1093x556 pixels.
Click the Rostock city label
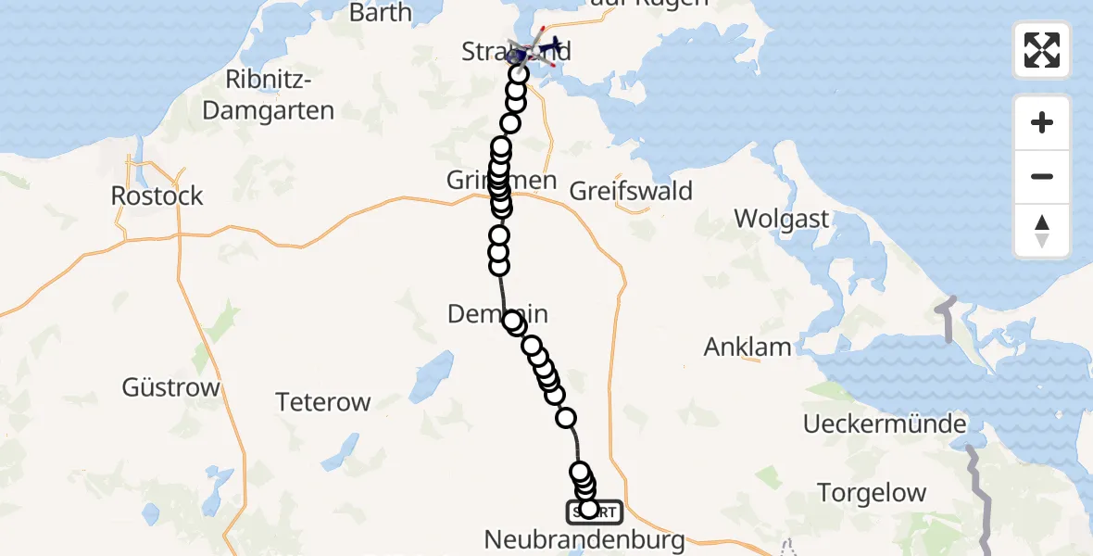pos(157,196)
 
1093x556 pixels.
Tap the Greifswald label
pos(631,191)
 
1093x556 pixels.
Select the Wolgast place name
pos(782,219)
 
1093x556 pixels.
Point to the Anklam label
pos(748,347)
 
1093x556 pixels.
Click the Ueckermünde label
pos(885,424)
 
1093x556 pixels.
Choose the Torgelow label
pos(872,492)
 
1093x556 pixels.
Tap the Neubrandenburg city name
pos(585,539)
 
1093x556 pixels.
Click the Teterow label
pos(323,402)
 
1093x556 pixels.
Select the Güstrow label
pos(170,386)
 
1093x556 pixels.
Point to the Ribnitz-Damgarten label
pos(268,96)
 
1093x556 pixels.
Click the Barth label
pos(381,12)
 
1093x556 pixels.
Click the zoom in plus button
pos(1042,122)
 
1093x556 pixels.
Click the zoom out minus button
pos(1042,176)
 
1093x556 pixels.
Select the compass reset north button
pos(1042,230)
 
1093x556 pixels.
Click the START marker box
pos(595,512)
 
